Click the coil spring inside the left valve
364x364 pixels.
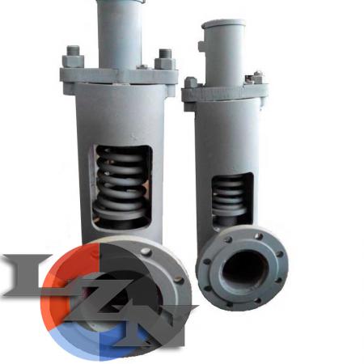click(x=120, y=178)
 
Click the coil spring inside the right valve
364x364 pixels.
click(x=229, y=193)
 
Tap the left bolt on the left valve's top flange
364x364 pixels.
click(x=73, y=57)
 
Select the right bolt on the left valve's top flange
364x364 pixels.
click(x=165, y=59)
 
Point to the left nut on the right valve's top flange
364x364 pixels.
click(x=190, y=83)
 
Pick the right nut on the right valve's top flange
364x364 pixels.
click(x=255, y=77)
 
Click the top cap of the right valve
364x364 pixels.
click(x=223, y=24)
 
